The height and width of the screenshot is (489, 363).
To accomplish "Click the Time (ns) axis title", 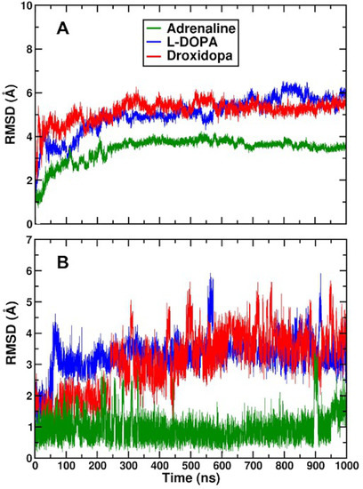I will (x=189, y=479).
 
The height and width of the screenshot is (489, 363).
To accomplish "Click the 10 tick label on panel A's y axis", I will (x=22, y=7).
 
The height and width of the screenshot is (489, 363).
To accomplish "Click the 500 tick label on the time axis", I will (x=190, y=466).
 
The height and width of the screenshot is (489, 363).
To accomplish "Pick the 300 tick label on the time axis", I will (x=127, y=466).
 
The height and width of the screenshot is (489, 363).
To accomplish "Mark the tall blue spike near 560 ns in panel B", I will (x=210, y=277).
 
